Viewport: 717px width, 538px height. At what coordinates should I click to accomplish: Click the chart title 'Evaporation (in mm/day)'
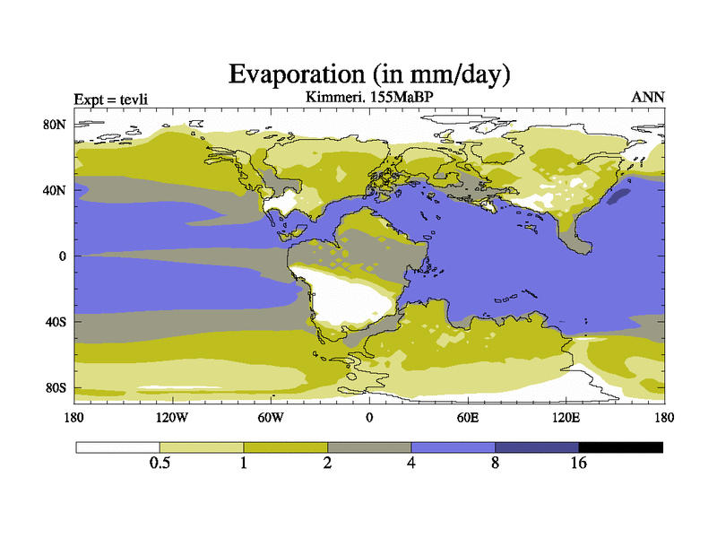pos(369,74)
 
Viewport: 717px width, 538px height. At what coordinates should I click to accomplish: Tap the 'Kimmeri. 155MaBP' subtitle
pos(369,95)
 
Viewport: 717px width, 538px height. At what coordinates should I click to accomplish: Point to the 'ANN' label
pos(648,97)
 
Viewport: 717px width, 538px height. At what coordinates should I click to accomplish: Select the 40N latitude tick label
pos(56,190)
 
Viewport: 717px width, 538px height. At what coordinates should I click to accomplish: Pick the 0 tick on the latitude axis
pos(63,256)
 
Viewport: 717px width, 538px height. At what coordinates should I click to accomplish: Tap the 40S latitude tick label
pos(56,321)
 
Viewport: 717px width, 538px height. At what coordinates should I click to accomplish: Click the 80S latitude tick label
pos(56,387)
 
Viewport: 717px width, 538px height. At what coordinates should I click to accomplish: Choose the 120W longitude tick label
pos(172,417)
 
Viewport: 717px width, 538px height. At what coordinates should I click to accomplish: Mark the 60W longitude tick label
pos(271,417)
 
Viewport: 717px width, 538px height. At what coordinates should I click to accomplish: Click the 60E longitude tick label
pos(468,417)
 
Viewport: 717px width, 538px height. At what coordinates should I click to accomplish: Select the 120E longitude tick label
pos(566,417)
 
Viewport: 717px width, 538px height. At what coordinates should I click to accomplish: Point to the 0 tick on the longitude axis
pos(369,417)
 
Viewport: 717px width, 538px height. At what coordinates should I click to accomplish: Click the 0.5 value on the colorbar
pos(160,463)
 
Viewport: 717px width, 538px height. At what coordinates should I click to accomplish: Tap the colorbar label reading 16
pos(579,463)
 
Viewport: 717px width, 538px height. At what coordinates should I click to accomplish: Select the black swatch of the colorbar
pos(620,447)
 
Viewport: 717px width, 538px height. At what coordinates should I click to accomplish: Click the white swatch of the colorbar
pos(117,447)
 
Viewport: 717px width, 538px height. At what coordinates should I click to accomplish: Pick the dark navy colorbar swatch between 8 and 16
pos(537,447)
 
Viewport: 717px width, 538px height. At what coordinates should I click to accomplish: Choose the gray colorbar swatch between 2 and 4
pos(369,447)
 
